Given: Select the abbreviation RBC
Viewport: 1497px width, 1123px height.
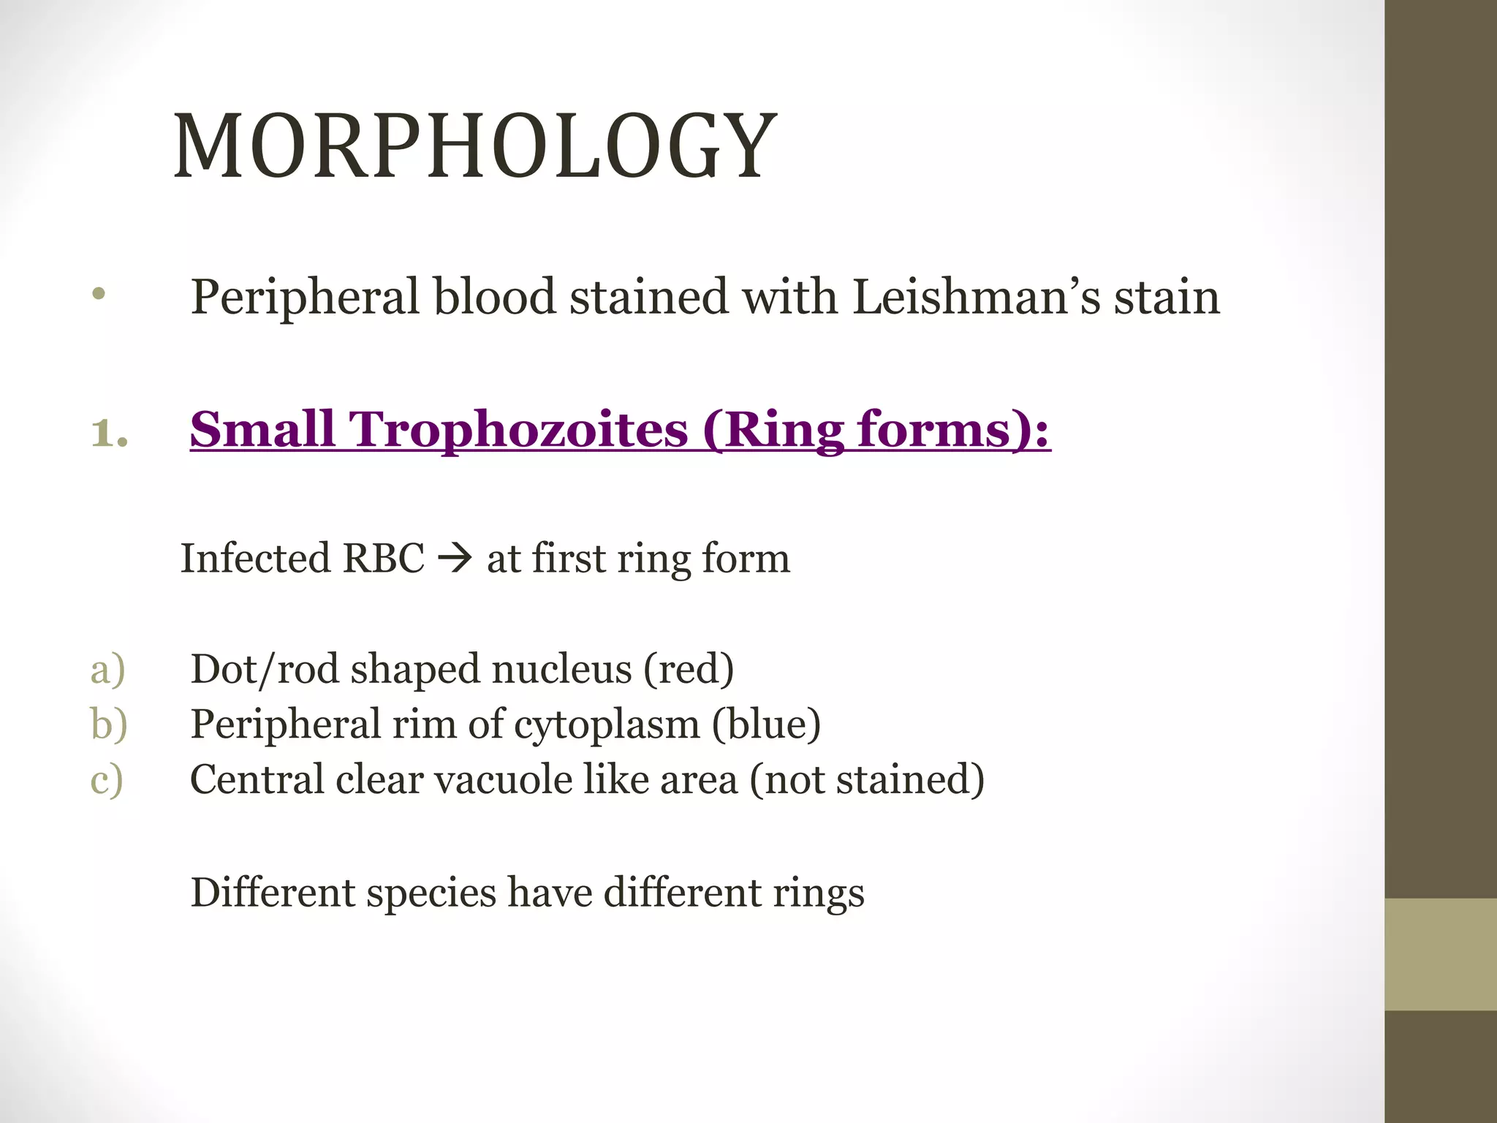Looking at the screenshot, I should (383, 559).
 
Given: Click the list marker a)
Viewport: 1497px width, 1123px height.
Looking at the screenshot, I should (107, 670).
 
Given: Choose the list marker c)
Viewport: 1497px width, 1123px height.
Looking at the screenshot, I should (107, 780).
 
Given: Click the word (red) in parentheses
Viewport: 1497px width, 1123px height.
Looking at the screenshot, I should (689, 670).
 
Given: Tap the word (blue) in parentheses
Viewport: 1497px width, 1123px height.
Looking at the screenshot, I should (766, 725).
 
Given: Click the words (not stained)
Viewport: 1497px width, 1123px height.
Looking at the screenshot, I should (867, 780).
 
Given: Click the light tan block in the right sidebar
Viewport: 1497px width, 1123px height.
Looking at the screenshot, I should (1440, 954).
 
